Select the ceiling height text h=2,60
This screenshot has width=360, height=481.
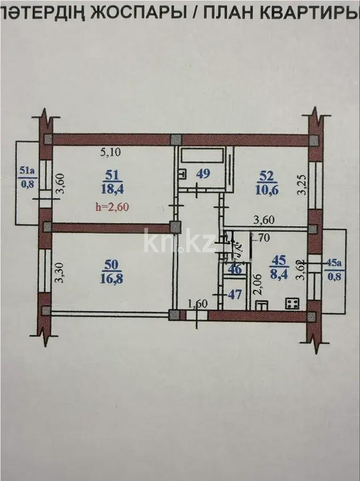[x=113, y=208]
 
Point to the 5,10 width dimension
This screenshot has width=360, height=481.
[x=111, y=152]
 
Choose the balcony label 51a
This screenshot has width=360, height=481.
[x=27, y=171]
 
